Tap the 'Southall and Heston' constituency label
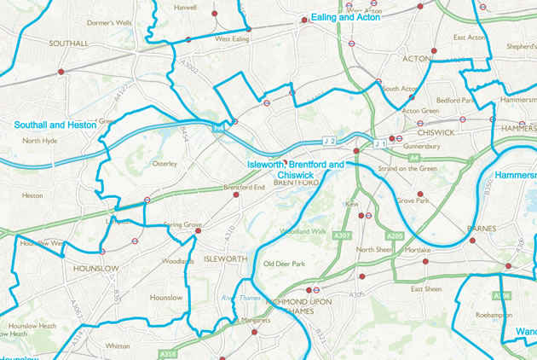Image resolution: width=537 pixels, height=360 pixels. pyautogui.click(x=55, y=125)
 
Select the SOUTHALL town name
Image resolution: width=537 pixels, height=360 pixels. pyautogui.click(x=69, y=43)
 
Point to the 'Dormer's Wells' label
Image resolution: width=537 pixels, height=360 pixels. pyautogui.click(x=112, y=22)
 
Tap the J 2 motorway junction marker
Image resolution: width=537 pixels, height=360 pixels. pyautogui.click(x=329, y=140)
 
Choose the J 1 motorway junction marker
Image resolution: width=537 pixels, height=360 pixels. pyautogui.click(x=379, y=144)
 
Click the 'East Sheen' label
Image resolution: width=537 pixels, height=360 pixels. pyautogui.click(x=426, y=289)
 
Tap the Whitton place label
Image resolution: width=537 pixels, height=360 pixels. pyautogui.click(x=117, y=346)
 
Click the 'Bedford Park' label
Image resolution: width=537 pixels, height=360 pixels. pyautogui.click(x=454, y=99)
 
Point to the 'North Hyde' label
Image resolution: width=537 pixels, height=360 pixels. pyautogui.click(x=39, y=141)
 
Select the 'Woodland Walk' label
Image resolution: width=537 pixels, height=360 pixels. pyautogui.click(x=303, y=230)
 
